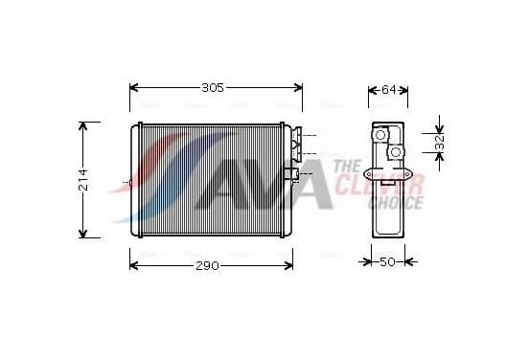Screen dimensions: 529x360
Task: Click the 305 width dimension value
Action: tap(213, 88)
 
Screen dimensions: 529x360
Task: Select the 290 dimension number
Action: tap(207, 265)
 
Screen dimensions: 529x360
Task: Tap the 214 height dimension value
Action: tap(83, 180)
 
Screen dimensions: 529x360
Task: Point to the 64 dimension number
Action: tap(388, 90)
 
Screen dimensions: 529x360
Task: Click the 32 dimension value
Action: tap(439, 143)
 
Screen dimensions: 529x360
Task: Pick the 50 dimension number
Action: tap(387, 261)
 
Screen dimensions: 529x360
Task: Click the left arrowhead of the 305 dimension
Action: tap(134, 88)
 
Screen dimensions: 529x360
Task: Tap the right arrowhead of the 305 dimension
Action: tap(298, 88)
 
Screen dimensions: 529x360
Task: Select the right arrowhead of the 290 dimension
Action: tap(288, 265)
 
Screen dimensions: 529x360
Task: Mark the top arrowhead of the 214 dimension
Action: tap(83, 126)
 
